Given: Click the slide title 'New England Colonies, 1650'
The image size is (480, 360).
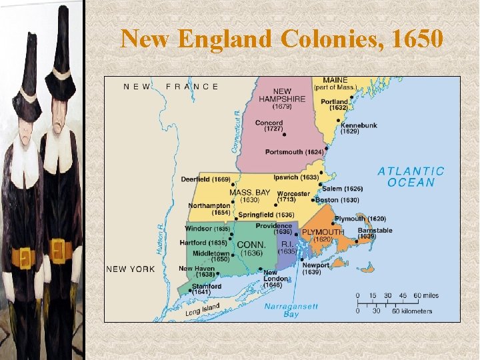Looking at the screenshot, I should (x=281, y=39).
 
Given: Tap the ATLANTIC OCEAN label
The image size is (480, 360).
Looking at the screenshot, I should (x=411, y=177).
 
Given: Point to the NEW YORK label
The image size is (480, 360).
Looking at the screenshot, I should (x=131, y=269).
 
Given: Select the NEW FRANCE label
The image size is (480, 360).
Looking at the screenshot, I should (x=171, y=86).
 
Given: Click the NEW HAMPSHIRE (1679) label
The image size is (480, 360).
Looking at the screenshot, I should (x=282, y=98).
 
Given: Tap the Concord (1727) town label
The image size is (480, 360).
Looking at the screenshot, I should (x=269, y=125).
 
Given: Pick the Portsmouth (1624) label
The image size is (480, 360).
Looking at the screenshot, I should (x=294, y=152).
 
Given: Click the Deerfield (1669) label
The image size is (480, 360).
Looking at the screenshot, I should (x=205, y=179).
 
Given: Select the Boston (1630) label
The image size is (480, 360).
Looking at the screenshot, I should (x=337, y=200).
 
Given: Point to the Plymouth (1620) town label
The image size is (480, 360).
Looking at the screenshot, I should (x=360, y=219).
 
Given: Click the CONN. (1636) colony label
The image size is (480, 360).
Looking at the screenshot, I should (x=251, y=249).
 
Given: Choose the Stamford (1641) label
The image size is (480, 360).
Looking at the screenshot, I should (x=206, y=289).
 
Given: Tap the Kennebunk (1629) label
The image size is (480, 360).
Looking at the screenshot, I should (x=359, y=128).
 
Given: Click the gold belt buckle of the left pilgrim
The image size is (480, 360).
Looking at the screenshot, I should (x=24, y=257).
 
